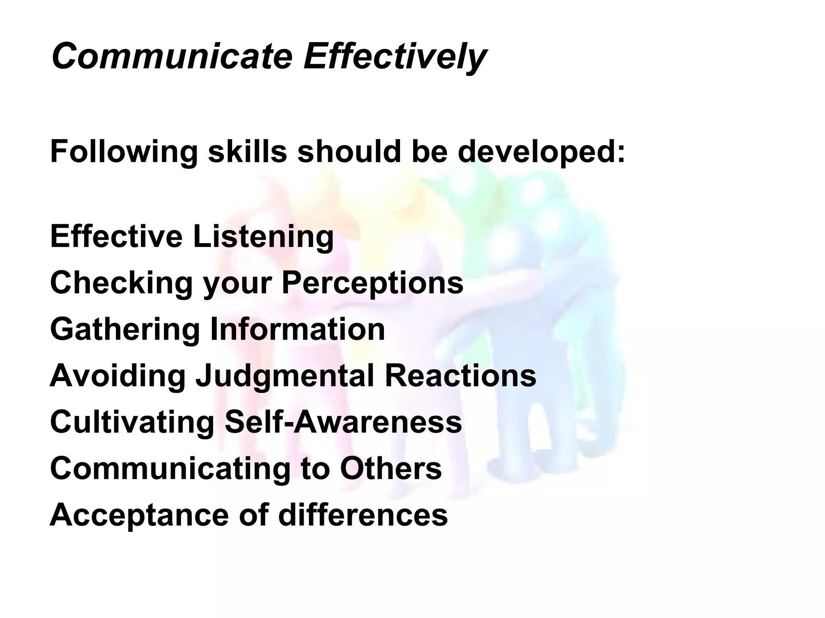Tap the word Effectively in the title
click(x=395, y=56)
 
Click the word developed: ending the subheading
click(x=541, y=152)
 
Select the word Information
click(x=298, y=329)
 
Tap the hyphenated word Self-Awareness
click(x=343, y=422)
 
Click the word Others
click(x=391, y=468)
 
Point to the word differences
click(x=363, y=514)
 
